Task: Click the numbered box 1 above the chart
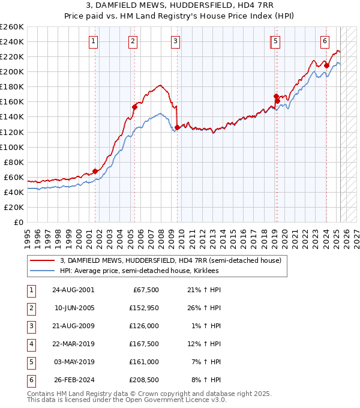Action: (95, 41)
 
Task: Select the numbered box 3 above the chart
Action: (175, 41)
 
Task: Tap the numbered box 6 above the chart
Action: (325, 41)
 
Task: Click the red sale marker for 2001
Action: (95, 171)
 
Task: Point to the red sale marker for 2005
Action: (134, 107)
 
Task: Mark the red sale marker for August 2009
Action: (177, 127)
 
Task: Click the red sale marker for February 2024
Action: (326, 65)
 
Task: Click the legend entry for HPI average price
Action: (139, 271)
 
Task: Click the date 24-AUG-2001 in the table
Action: (73, 290)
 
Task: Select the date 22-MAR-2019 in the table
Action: (73, 344)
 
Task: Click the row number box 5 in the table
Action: (29, 362)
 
